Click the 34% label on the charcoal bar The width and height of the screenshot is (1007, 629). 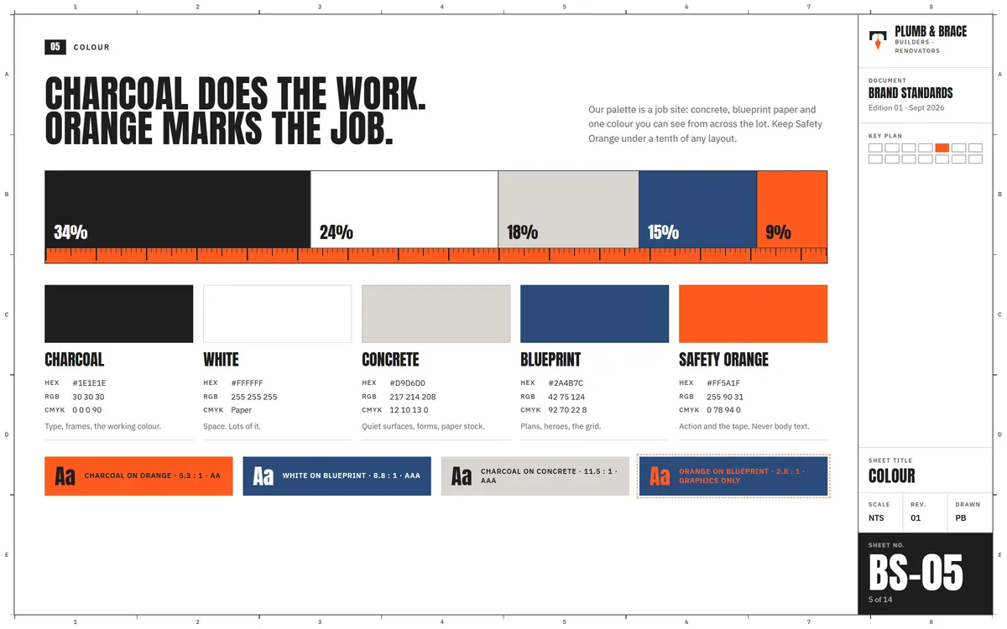pos(70,232)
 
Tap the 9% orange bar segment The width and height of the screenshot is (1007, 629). pos(792,210)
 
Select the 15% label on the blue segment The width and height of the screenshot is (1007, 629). pos(663,232)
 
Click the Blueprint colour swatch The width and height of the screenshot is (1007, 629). pos(594,314)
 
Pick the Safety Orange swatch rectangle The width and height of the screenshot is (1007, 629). pos(753,314)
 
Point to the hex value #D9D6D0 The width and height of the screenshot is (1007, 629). pos(407,382)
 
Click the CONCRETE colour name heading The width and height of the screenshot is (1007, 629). pos(390,360)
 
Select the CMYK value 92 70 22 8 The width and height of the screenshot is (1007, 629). pos(567,410)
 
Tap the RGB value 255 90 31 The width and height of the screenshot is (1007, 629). pos(725,397)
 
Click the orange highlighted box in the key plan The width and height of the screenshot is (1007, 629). pos(942,148)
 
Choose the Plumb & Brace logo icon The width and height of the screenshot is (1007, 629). pos(878,40)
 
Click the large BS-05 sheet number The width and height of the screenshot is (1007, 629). pos(916,573)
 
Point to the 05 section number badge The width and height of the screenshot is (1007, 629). pos(55,47)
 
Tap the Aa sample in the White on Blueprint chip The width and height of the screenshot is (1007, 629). pos(263,476)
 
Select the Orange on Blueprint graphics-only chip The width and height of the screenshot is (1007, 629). pos(733,476)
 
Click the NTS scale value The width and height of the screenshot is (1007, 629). pos(876,518)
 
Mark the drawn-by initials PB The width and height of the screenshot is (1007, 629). pos(961,518)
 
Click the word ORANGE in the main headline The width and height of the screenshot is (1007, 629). pos(99,128)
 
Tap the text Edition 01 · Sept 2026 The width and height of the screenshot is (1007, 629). pos(906,108)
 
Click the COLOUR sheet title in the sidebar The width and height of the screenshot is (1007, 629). pos(891,476)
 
